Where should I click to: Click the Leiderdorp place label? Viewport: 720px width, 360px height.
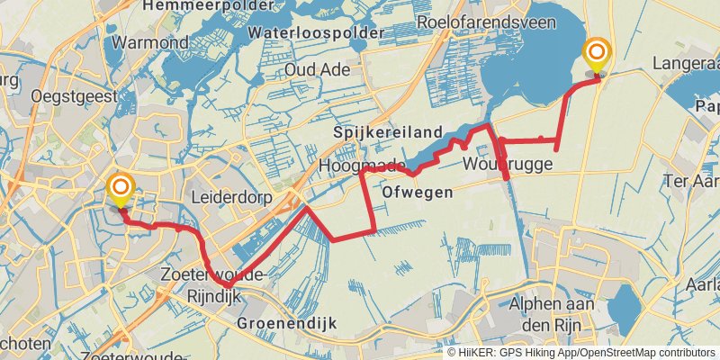225,195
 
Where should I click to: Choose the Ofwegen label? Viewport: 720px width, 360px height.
416,193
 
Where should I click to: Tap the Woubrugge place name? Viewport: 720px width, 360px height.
503,164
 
